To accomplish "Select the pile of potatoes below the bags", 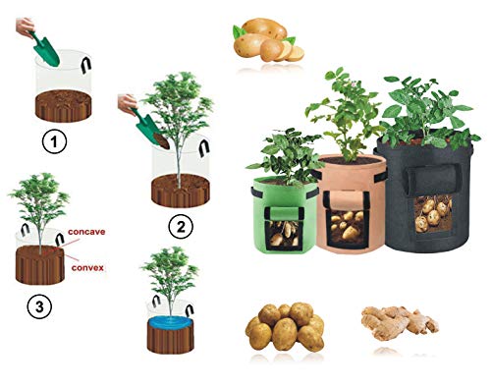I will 284,327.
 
